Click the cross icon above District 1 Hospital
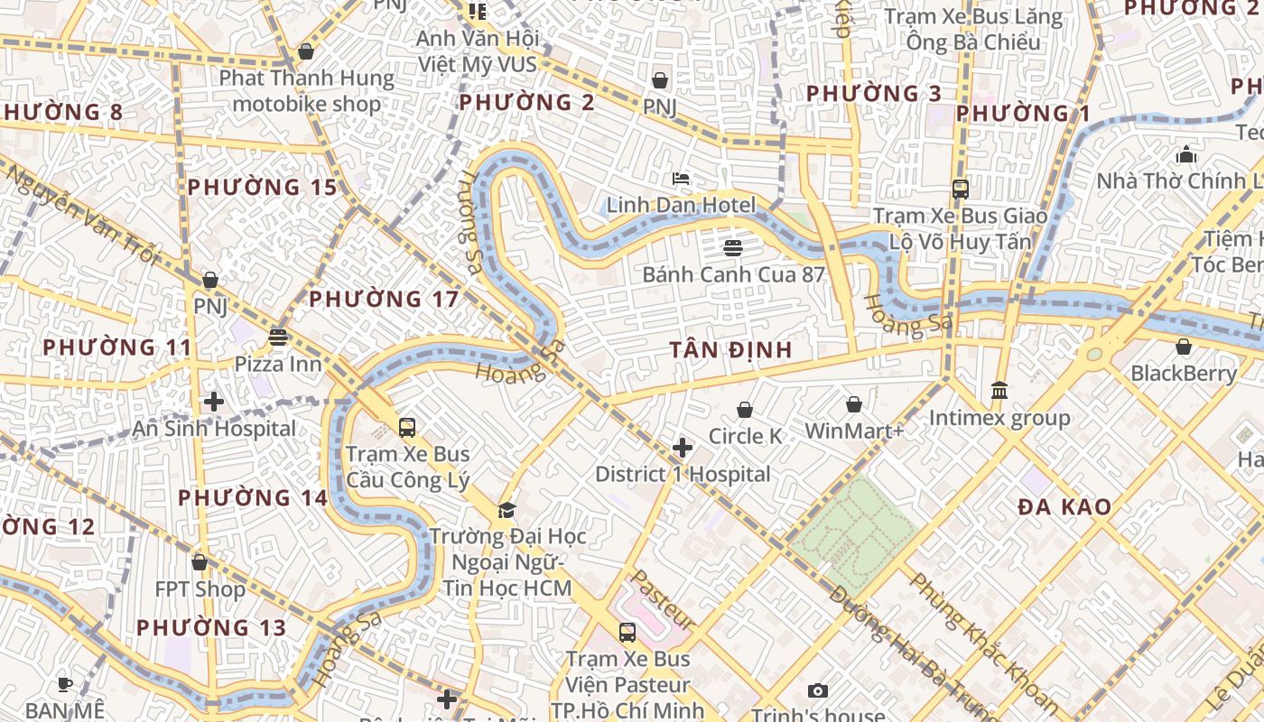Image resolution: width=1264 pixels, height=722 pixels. pyautogui.click(x=683, y=448)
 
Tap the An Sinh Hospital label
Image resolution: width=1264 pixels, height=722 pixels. pyautogui.click(x=214, y=429)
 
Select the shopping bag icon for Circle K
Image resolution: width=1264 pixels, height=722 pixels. pyautogui.click(x=745, y=411)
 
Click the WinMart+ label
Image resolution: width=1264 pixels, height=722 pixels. pyautogui.click(x=854, y=430)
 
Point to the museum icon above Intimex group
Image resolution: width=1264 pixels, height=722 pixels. pyautogui.click(x=999, y=391)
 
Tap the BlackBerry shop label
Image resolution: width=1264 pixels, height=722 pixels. pyautogui.click(x=1184, y=373)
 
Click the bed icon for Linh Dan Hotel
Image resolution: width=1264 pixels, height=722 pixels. pyautogui.click(x=681, y=179)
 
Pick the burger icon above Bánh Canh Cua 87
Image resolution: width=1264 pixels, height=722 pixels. pyautogui.click(x=733, y=247)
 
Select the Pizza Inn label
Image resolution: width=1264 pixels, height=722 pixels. pyautogui.click(x=278, y=364)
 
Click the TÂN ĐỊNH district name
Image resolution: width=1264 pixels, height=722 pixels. pyautogui.click(x=731, y=350)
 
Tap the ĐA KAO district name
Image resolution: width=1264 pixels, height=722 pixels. pyautogui.click(x=1064, y=507)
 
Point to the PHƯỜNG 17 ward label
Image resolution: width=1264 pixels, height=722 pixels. pyautogui.click(x=384, y=299)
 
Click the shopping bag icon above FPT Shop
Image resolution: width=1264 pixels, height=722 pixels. pyautogui.click(x=200, y=562)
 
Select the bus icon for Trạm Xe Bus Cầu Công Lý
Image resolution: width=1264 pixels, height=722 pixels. pyautogui.click(x=407, y=427)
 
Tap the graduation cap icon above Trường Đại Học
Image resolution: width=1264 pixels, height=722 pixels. pyautogui.click(x=507, y=511)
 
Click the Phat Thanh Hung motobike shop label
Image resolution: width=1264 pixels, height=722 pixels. pyautogui.click(x=307, y=90)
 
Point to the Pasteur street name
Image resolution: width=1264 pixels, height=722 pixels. pyautogui.click(x=663, y=600)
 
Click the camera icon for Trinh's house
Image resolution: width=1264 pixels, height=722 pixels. pyautogui.click(x=818, y=691)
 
